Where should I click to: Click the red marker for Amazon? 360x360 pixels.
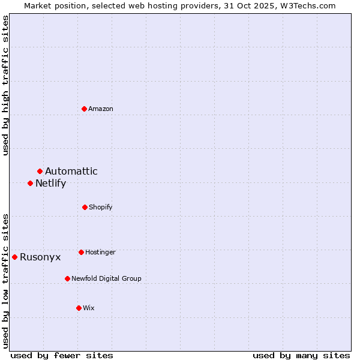click(x=85, y=109)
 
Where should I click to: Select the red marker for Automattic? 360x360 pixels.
click(x=40, y=172)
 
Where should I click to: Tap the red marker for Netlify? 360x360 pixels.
click(x=31, y=183)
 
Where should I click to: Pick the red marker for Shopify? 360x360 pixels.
click(x=85, y=207)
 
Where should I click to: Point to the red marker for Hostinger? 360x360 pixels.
click(x=81, y=252)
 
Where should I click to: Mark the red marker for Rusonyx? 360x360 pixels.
click(x=15, y=257)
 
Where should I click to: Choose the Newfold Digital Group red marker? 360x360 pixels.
click(x=67, y=278)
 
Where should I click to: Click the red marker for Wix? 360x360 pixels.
click(x=79, y=308)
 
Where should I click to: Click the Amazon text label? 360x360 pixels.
click(x=101, y=109)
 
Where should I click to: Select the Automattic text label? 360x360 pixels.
click(x=71, y=172)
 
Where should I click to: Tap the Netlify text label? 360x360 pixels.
click(x=50, y=184)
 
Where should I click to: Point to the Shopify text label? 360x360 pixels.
click(x=101, y=207)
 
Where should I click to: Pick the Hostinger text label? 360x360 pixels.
click(x=100, y=252)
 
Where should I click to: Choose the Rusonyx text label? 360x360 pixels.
click(x=40, y=257)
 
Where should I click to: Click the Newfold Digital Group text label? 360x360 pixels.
click(x=107, y=278)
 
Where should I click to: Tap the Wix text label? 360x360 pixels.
click(x=89, y=308)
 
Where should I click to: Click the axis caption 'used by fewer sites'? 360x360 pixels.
click(x=62, y=355)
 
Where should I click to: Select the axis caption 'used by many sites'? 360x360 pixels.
click(x=301, y=355)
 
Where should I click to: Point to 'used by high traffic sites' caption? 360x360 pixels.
click(x=5, y=85)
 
